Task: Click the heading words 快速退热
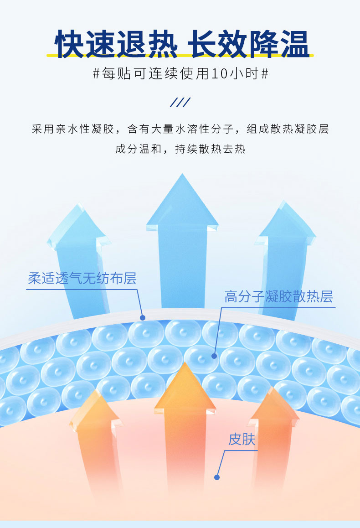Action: pos(116,44)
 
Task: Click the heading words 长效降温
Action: pos(248,44)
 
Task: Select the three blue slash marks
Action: pos(180,102)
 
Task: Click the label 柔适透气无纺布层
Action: pos(82,278)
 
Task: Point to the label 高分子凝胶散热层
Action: pos(278,297)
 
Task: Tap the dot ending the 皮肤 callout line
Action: pos(217,477)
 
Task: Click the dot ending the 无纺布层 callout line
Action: pos(143,317)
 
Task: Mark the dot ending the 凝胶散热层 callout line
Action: pos(214,355)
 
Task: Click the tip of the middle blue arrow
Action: pos(182,176)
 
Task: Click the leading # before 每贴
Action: pos(96,74)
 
